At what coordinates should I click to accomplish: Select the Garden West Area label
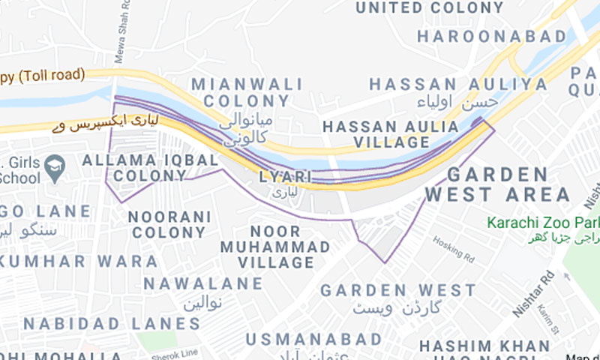coord(497,185)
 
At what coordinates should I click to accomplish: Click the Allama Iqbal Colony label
coord(149,168)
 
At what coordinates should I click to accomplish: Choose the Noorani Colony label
coord(166,224)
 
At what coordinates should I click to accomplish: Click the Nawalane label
coord(203,283)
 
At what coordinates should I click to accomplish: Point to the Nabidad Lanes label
coord(111,324)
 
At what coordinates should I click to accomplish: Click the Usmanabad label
coord(313,340)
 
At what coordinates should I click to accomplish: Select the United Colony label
coord(429,7)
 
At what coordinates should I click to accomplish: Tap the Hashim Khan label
coord(484,346)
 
